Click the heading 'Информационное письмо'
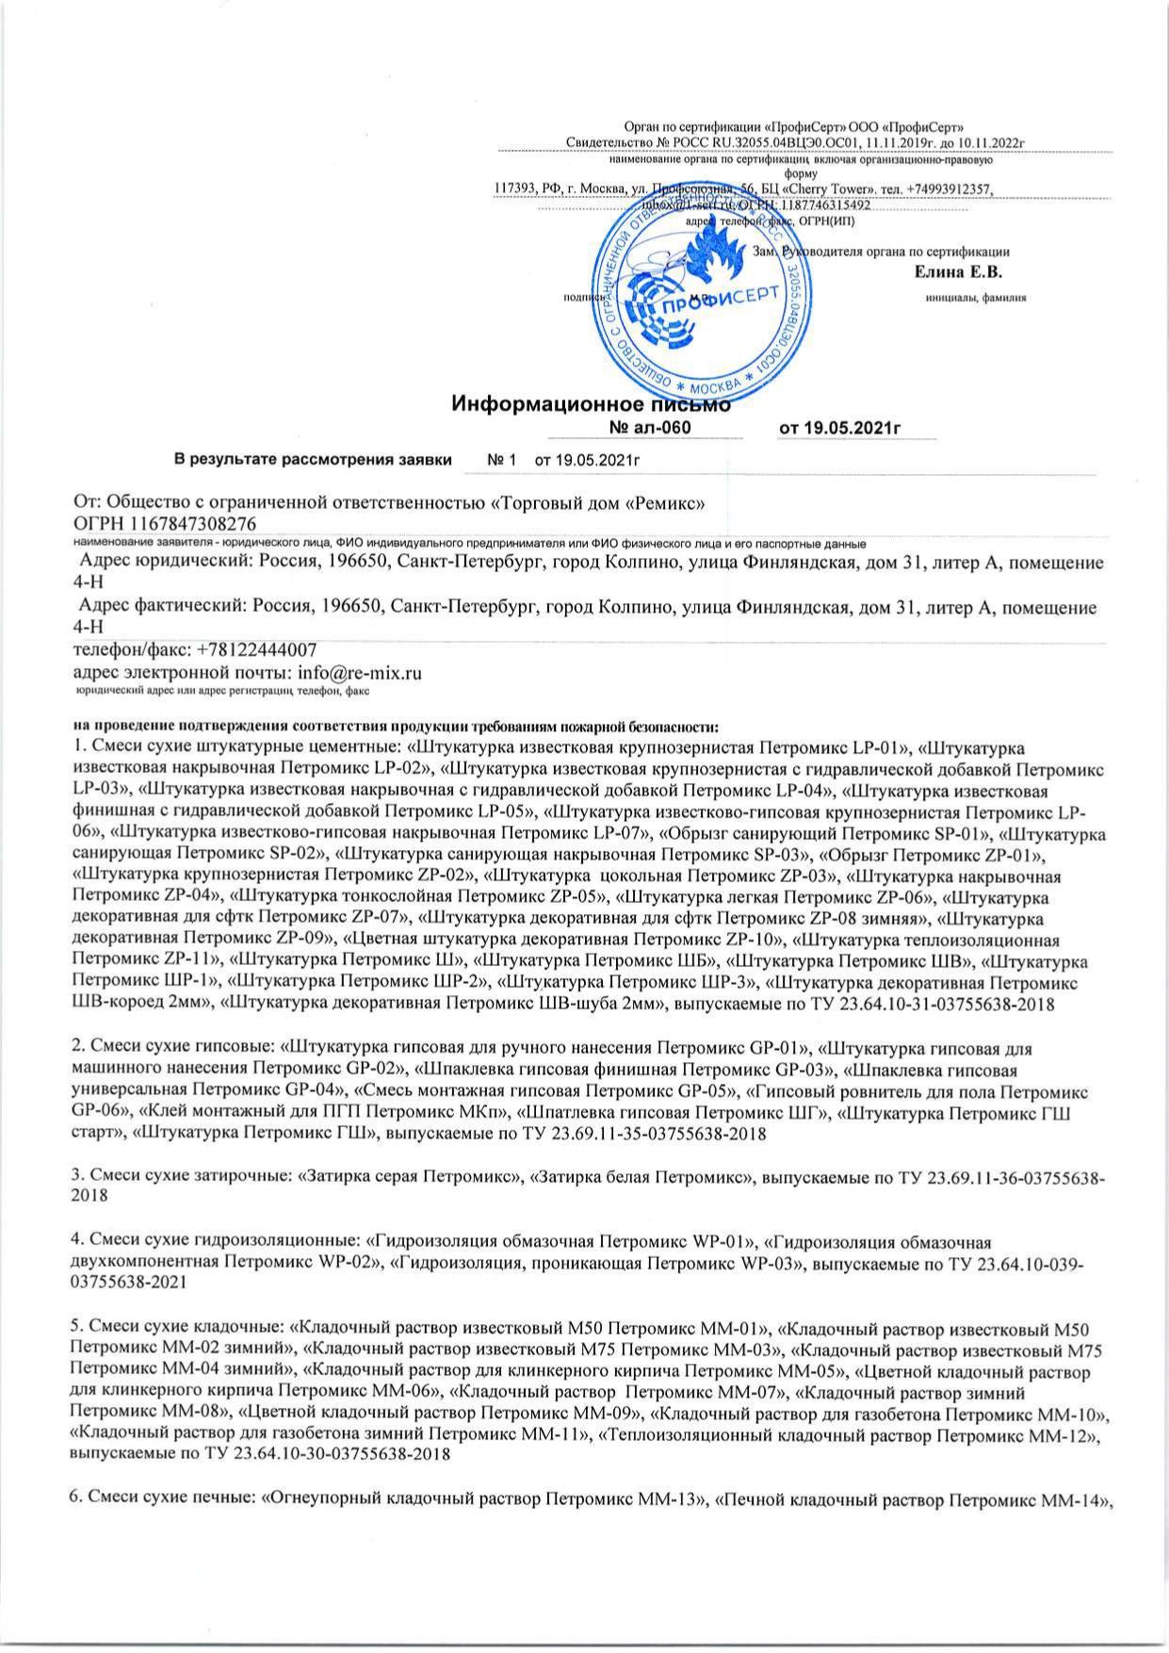[x=592, y=405]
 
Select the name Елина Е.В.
[x=958, y=272]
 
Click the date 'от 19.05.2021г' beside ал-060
[x=841, y=429]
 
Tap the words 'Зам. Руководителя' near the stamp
[x=807, y=252]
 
